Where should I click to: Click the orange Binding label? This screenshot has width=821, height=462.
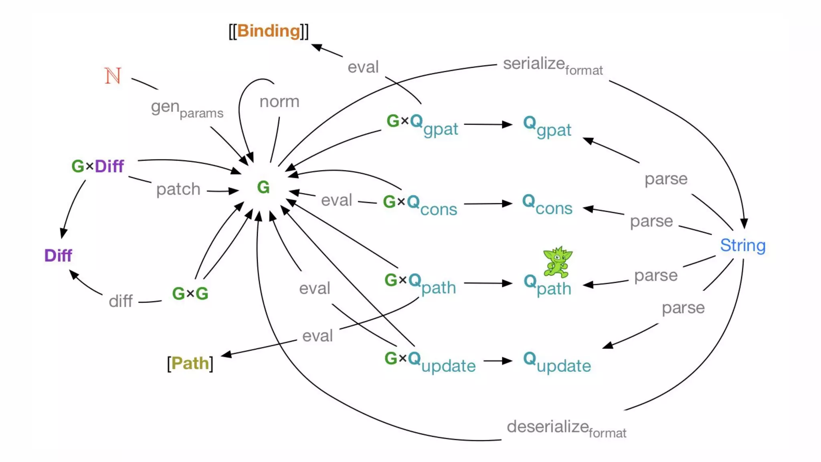(x=269, y=31)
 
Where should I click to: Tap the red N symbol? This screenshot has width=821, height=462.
(x=113, y=76)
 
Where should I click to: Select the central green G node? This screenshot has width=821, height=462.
(x=263, y=187)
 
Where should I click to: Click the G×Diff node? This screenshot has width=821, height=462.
(x=97, y=166)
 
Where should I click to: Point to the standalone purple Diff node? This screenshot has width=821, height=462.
(x=58, y=255)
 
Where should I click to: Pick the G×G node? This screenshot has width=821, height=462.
(x=190, y=294)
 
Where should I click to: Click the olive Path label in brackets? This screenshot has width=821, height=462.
(x=190, y=363)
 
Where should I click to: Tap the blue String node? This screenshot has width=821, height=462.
(x=742, y=245)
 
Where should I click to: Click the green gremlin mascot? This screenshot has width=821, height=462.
(x=558, y=262)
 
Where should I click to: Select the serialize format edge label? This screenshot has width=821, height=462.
(x=552, y=65)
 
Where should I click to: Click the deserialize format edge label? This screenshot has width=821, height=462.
(x=566, y=428)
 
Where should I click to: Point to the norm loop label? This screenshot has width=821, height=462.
(x=279, y=101)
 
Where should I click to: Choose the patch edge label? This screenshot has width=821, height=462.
(x=178, y=189)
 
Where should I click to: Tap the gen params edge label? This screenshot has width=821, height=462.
(x=187, y=109)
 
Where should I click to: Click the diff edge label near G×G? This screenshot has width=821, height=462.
(x=120, y=301)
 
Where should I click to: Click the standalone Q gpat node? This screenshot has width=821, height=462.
(x=547, y=126)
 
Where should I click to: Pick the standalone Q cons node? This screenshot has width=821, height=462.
(x=547, y=205)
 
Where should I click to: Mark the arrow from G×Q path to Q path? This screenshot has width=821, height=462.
(x=488, y=284)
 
